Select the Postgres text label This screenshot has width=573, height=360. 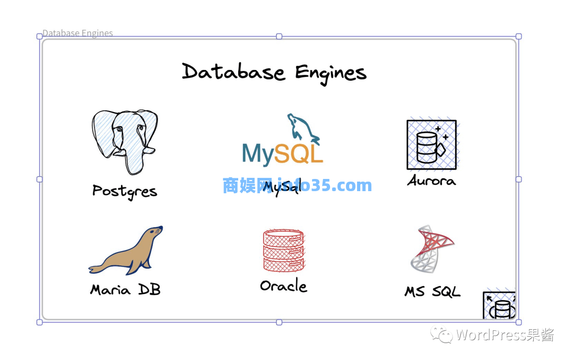[x=125, y=191]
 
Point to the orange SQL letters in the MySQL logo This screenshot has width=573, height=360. [x=299, y=153]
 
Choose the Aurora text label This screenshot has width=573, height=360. [x=431, y=181]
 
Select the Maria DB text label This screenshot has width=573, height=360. [x=125, y=290]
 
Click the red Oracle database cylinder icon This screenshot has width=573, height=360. [x=283, y=250]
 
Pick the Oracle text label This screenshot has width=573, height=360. [x=283, y=286]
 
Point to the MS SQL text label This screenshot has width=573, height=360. [x=432, y=292]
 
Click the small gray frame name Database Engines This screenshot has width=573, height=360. [x=77, y=33]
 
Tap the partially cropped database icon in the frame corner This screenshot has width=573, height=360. [x=499, y=305]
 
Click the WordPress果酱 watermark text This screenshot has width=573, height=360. [x=505, y=335]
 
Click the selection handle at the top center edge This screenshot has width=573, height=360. [x=279, y=37]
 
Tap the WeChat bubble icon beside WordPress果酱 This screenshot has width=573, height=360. [x=441, y=335]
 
